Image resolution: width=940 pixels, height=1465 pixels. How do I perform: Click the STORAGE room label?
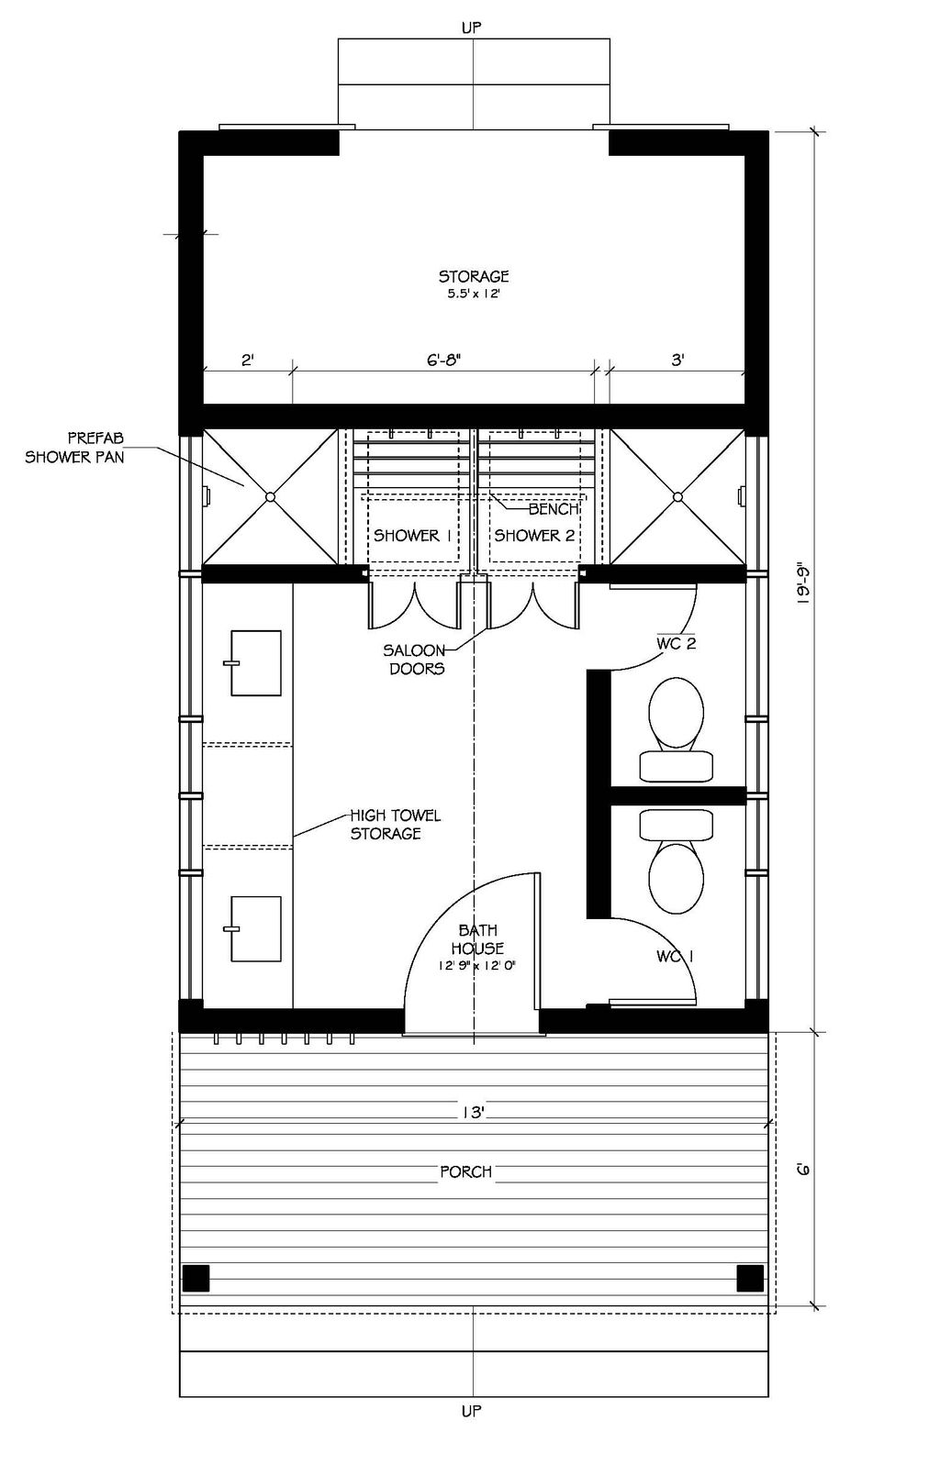[473, 276]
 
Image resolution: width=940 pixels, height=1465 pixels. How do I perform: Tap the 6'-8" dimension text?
[442, 361]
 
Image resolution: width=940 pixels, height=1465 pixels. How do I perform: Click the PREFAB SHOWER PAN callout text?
[73, 448]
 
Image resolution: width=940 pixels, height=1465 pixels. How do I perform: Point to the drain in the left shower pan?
[270, 497]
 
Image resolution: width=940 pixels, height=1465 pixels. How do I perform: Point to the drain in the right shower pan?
[677, 497]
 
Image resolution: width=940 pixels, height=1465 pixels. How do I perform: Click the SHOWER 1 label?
[412, 536]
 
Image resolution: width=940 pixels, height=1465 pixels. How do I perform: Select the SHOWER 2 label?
[534, 536]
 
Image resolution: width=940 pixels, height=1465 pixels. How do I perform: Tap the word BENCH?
[553, 509]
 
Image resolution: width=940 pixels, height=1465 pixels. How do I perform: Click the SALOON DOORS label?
[415, 660]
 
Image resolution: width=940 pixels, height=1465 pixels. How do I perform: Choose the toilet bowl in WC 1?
[677, 876]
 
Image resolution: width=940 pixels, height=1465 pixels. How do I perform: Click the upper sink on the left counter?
[255, 662]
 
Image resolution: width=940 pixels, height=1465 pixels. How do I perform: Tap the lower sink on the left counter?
[255, 929]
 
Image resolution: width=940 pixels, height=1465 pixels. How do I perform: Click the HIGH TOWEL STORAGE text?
[394, 824]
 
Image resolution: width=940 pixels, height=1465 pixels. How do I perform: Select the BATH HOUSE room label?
[477, 940]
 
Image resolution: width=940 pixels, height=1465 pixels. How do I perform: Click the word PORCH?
[465, 1171]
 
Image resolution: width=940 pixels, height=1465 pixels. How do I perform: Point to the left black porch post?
[196, 1278]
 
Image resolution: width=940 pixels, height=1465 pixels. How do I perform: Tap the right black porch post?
[750, 1278]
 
